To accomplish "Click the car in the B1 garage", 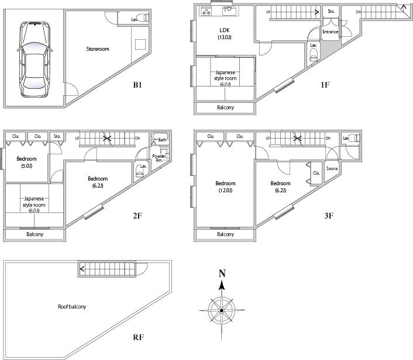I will [33, 59].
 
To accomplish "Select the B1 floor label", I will [137, 85].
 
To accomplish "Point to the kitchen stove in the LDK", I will [206, 11].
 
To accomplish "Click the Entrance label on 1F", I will [330, 32].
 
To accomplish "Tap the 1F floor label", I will [325, 85].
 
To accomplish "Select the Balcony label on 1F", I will [225, 108].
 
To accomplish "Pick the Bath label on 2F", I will [161, 140].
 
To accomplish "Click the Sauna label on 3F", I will [332, 168].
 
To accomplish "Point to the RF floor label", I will [138, 338].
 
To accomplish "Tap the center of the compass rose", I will [222, 308].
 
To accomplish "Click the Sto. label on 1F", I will [331, 11].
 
